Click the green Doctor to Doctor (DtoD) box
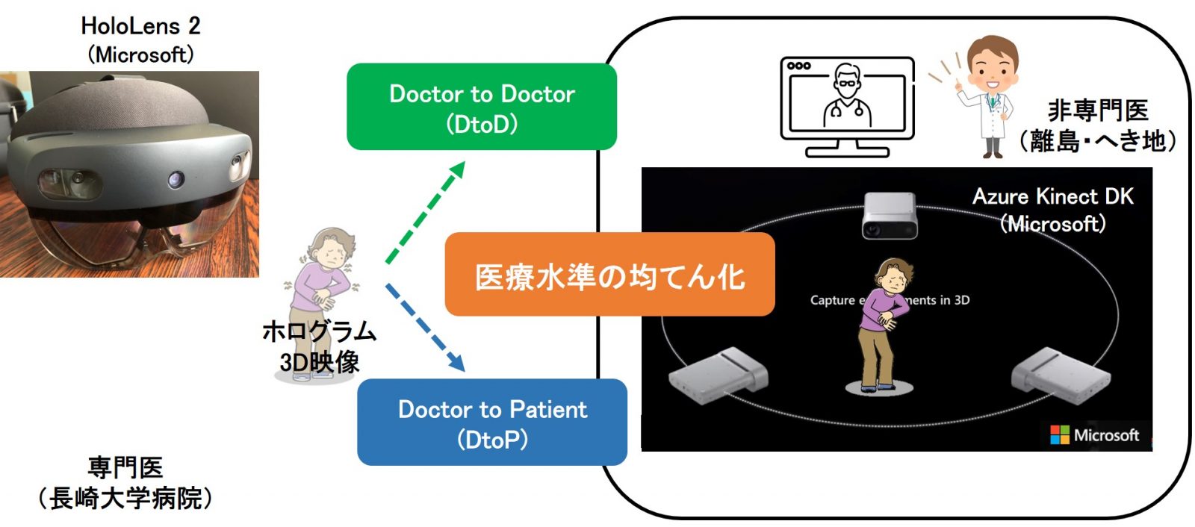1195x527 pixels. pos(482,107)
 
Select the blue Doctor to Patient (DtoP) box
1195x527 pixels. pos(492,422)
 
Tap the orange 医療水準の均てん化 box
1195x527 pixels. pos(609,275)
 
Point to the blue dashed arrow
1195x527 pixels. pos(425,327)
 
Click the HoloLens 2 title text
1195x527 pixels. pos(140,26)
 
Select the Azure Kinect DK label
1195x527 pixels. pos(1052,197)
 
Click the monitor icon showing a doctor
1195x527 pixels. pos(847,105)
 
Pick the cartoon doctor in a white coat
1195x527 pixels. pos(989,94)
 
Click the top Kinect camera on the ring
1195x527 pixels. pos(890,214)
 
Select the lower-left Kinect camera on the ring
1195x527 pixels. pos(717,376)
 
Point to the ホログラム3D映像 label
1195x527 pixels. pos(319,346)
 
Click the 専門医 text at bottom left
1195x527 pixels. pos(125,468)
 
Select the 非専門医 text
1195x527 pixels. pos(1097,110)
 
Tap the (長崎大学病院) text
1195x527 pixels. pos(125,498)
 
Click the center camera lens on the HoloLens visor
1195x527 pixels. pos(176,179)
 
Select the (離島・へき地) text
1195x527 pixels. pos(1097,140)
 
